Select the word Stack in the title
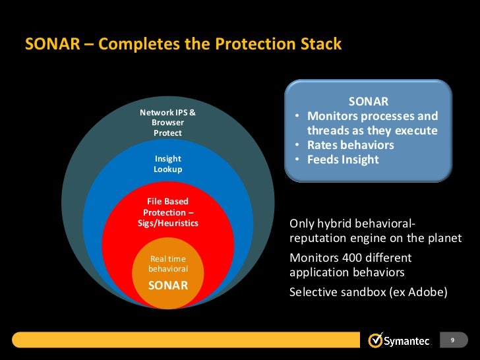[319, 44]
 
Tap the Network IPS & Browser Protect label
[167, 123]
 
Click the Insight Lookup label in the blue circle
[167, 164]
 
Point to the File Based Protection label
[167, 207]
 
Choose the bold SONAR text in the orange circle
[168, 285]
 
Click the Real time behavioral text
[168, 264]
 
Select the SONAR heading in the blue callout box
[368, 102]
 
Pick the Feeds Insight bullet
[343, 160]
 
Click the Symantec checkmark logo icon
[375, 340]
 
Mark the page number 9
[452, 340]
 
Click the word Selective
[313, 291]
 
